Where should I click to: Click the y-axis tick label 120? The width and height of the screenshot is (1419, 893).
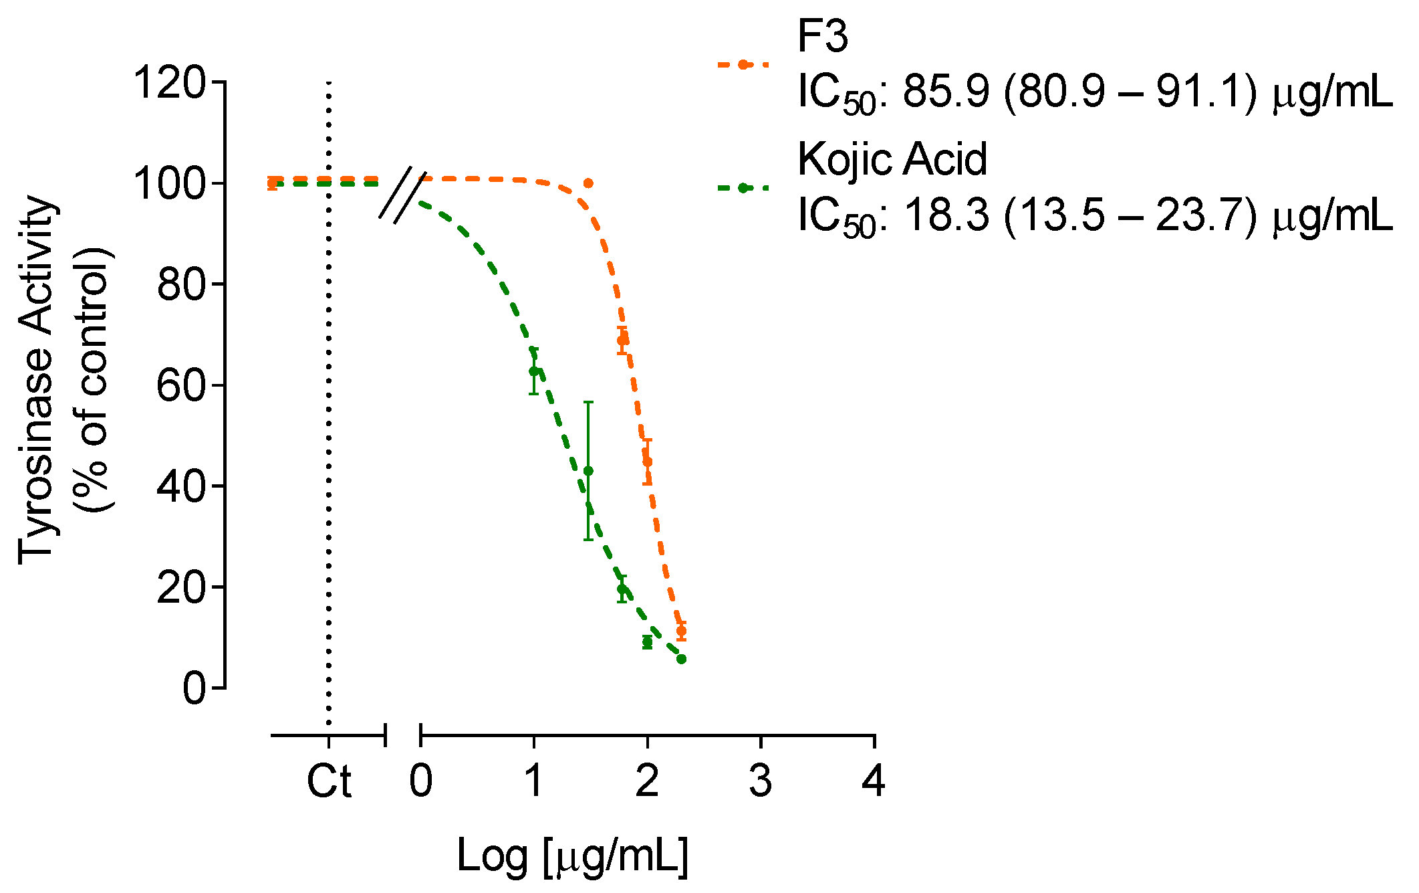coord(168,84)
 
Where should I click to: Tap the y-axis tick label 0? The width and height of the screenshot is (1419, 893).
coord(194,688)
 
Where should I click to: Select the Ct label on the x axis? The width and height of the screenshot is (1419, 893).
coord(329,781)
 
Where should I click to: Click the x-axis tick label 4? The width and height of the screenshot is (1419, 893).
coord(874,781)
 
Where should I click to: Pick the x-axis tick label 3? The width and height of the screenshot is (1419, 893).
coord(761,781)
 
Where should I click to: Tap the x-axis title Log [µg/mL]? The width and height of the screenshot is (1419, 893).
coord(572,856)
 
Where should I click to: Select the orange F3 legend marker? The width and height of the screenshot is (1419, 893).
coord(743,65)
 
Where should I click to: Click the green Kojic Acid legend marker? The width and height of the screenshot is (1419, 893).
coord(743,188)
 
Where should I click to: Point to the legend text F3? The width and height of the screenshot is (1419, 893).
coord(823,36)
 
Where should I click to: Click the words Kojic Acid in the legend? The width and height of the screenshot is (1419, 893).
coord(892,160)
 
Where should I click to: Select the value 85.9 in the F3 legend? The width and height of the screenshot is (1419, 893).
coord(946,92)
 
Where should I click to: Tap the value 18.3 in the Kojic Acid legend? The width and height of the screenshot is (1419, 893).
coord(946,216)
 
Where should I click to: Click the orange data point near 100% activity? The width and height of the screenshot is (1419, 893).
coord(588,183)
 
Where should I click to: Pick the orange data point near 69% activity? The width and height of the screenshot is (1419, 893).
coord(622,340)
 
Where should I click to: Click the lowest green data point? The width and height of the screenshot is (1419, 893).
coord(681,659)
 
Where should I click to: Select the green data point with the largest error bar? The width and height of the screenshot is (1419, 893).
coord(588,471)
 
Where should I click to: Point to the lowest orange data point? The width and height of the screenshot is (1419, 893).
coord(681,630)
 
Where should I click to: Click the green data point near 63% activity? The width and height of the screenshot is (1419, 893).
coord(533,371)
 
